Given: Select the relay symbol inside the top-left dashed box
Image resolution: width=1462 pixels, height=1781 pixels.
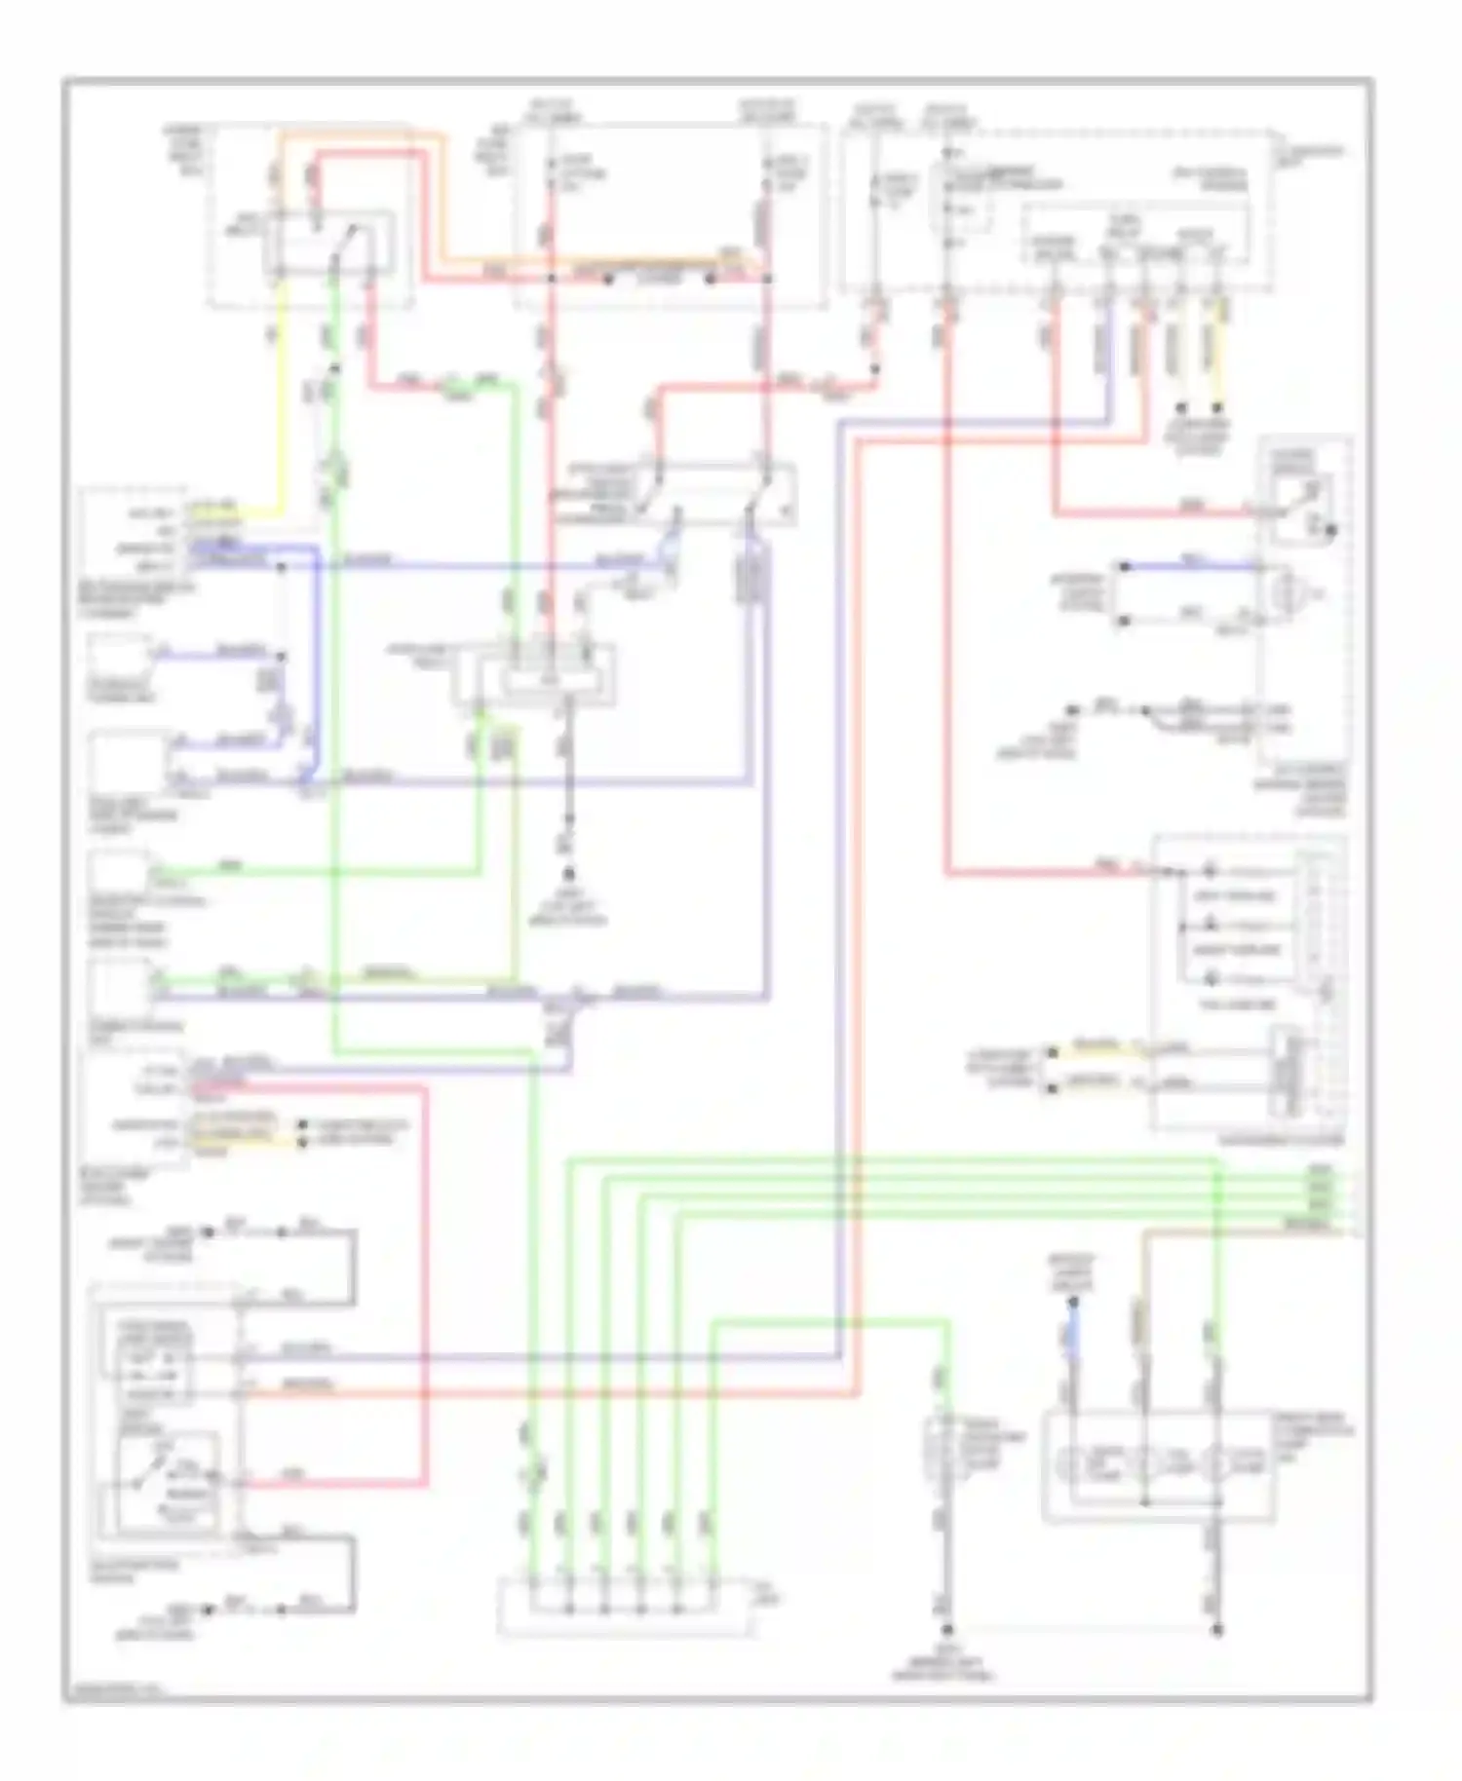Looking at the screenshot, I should click(x=331, y=239).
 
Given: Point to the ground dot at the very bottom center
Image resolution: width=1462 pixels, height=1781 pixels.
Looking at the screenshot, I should click(x=945, y=1630).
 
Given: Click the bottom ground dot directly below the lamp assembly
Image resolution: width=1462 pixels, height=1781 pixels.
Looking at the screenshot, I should click(x=1216, y=1630).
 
